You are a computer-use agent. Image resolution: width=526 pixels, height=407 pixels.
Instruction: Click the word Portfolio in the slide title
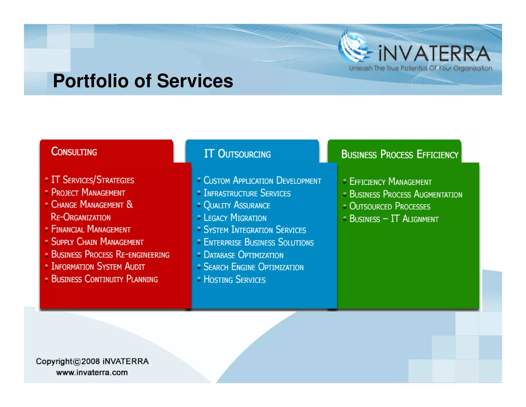(90, 81)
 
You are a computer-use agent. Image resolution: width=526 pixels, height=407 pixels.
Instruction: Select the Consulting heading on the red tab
(74, 152)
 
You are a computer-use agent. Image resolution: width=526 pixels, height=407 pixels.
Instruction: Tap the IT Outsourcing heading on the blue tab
(237, 154)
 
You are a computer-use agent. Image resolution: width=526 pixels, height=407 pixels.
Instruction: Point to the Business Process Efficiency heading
(400, 154)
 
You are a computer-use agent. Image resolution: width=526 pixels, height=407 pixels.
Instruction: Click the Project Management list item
(88, 192)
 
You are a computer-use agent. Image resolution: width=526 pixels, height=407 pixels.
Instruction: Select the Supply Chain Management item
(97, 242)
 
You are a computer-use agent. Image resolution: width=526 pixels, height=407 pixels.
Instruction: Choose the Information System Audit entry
(98, 266)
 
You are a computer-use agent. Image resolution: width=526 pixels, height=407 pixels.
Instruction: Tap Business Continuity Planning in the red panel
(105, 279)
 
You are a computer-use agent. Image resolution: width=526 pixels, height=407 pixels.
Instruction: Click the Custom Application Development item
(262, 180)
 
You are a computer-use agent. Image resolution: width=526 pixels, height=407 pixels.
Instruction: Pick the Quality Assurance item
(237, 205)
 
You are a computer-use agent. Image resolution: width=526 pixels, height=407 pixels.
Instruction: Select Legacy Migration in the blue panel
(235, 218)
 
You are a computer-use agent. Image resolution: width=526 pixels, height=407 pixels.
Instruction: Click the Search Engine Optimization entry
(253, 267)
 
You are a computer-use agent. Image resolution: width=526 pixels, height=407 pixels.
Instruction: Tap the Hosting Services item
(234, 279)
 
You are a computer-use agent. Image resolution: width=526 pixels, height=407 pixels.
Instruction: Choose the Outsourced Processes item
(390, 206)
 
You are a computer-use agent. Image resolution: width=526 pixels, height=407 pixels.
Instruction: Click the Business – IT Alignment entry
(394, 219)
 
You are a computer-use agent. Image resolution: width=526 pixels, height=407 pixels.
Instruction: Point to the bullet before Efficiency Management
(345, 181)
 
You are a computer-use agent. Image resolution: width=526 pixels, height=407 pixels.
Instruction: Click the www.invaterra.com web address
(92, 373)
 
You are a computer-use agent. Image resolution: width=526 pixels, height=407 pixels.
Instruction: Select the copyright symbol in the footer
(77, 362)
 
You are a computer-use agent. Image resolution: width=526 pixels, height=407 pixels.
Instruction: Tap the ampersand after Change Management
(130, 204)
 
